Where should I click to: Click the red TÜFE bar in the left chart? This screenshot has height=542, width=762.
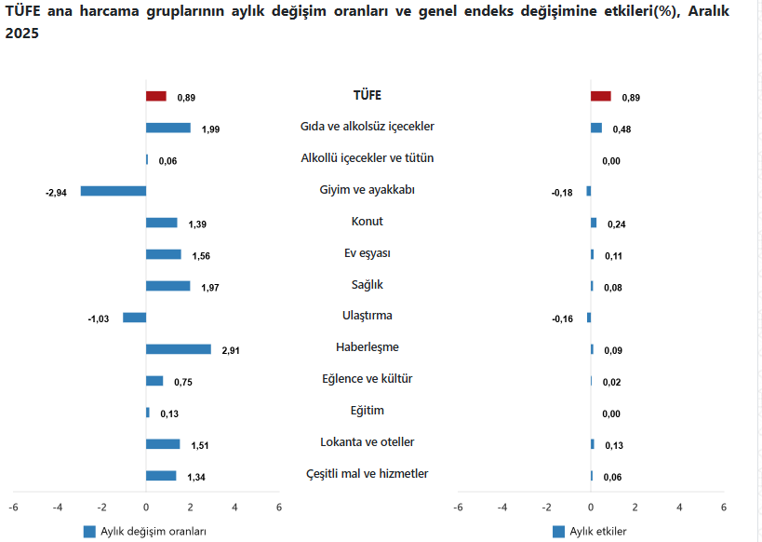[156, 96]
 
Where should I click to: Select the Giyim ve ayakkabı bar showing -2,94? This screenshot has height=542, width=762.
[114, 191]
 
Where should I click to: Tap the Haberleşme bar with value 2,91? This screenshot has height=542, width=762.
[179, 349]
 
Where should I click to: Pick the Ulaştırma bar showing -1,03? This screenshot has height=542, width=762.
[134, 318]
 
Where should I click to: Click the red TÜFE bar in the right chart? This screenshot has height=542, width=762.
[601, 96]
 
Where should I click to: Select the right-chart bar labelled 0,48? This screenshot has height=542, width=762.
[596, 128]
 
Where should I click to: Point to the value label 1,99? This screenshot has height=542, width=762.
[211, 129]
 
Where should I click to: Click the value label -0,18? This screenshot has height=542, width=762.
[563, 192]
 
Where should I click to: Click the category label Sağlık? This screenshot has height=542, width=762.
[367, 284]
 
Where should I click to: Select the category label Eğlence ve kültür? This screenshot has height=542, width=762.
[367, 379]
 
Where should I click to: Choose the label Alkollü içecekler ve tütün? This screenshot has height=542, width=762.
[367, 158]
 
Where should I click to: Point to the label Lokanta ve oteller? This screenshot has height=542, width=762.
[367, 441]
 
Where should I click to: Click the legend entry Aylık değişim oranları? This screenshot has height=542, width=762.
[145, 531]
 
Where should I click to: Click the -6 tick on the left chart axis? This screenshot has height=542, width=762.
[13, 508]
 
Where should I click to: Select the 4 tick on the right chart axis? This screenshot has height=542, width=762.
[679, 508]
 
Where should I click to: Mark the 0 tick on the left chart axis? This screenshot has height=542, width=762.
[146, 508]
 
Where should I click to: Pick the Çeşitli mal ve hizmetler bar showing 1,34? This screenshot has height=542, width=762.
[161, 476]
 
